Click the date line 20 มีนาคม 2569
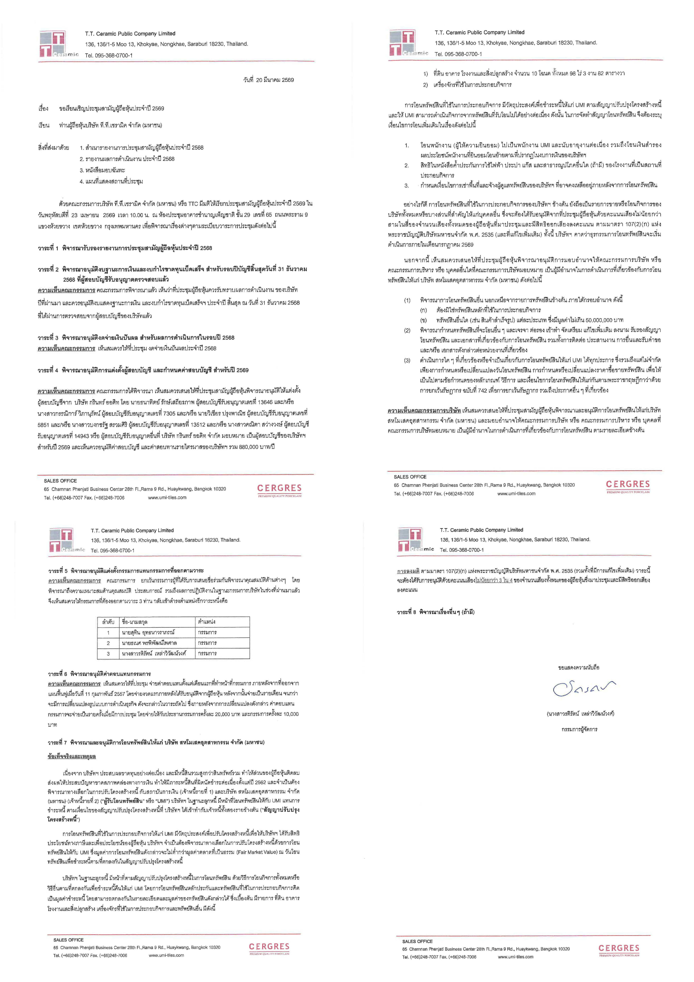coord(268,80)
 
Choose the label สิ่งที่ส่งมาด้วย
coord(54,148)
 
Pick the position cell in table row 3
coord(207,654)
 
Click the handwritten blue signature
coord(584,688)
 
